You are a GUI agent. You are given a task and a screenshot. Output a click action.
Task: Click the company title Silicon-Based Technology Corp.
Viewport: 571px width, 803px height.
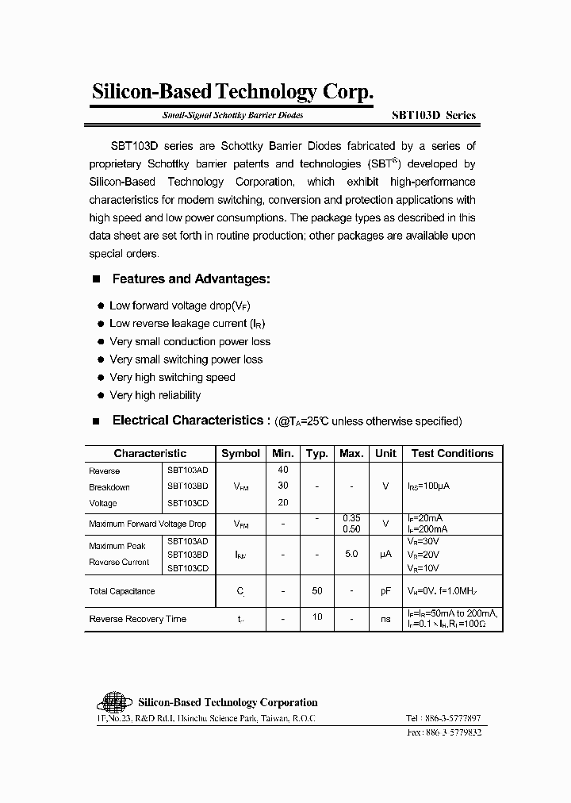click(x=232, y=92)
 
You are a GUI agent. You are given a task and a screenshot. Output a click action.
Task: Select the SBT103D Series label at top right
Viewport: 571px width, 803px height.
click(x=434, y=115)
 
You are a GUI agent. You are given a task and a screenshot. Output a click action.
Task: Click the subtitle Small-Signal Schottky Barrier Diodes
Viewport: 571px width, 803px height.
click(x=233, y=115)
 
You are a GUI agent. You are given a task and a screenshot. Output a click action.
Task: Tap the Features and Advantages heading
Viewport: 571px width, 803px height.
click(x=191, y=279)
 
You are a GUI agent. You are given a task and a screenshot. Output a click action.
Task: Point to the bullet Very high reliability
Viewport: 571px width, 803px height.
click(x=155, y=395)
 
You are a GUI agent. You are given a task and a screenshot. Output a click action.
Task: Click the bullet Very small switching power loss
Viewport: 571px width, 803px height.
click(x=186, y=359)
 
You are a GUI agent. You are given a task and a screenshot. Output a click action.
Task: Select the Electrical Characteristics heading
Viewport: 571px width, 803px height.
click(x=186, y=421)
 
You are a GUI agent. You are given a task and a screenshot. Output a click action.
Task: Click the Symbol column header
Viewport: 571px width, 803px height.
click(x=240, y=453)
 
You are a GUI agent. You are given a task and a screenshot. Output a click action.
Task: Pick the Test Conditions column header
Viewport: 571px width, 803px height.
click(x=452, y=453)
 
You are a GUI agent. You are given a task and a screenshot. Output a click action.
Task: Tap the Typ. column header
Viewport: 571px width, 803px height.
click(x=317, y=453)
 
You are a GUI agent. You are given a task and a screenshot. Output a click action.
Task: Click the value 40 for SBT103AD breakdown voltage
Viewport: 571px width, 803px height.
click(x=283, y=470)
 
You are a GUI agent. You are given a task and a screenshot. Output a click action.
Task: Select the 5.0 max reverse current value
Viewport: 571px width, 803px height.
click(x=351, y=553)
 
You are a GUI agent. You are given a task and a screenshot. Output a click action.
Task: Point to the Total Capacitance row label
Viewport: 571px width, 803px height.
click(x=122, y=591)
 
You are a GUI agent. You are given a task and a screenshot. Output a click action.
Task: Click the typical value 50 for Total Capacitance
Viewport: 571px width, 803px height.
click(x=317, y=591)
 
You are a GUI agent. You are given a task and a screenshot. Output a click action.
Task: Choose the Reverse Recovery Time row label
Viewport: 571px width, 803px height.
click(x=138, y=619)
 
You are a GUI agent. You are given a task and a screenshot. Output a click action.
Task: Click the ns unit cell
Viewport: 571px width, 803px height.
click(x=385, y=619)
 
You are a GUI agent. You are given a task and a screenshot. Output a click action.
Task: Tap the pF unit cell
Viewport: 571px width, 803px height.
click(x=385, y=591)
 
